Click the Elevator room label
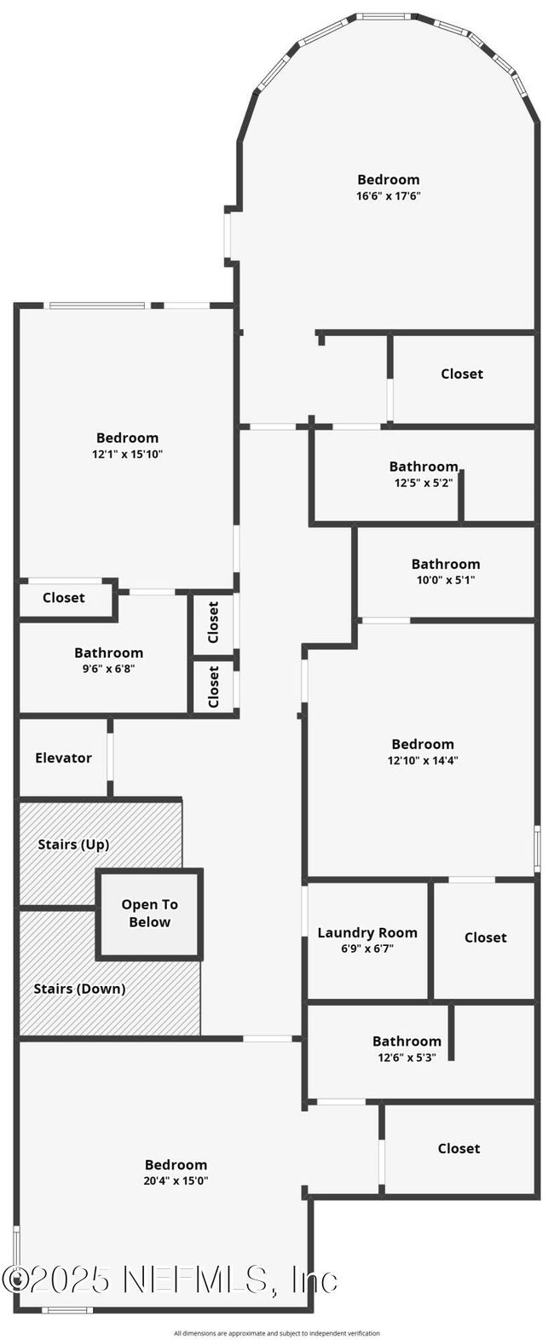[x=63, y=757]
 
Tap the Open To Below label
[x=149, y=913]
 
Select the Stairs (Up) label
[x=73, y=844]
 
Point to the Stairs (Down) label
[x=79, y=989]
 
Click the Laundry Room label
[x=367, y=932]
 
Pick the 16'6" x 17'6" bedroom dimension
[x=389, y=195]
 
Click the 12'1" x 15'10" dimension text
[x=127, y=454]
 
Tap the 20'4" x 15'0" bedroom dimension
[x=176, y=1180]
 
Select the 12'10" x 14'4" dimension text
[x=423, y=760]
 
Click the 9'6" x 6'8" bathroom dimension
[x=108, y=669]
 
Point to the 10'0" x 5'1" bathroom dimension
[x=445, y=580]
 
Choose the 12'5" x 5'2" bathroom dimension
[x=423, y=482]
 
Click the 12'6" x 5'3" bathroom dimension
[x=407, y=1057]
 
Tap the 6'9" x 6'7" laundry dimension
[x=367, y=948]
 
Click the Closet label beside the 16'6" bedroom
[x=462, y=374]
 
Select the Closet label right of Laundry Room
[x=486, y=937]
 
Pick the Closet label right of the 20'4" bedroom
[x=459, y=1148]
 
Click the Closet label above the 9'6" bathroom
[x=64, y=597]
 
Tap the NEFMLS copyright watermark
[x=170, y=1279]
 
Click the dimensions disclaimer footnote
[x=277, y=1333]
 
